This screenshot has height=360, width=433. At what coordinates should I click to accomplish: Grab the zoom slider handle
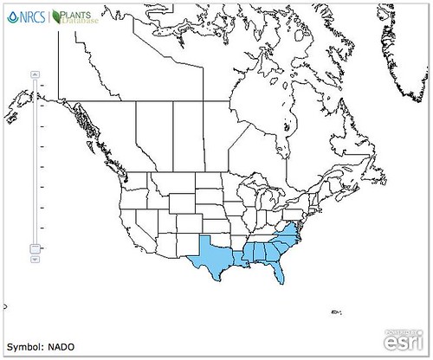point(35,248)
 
